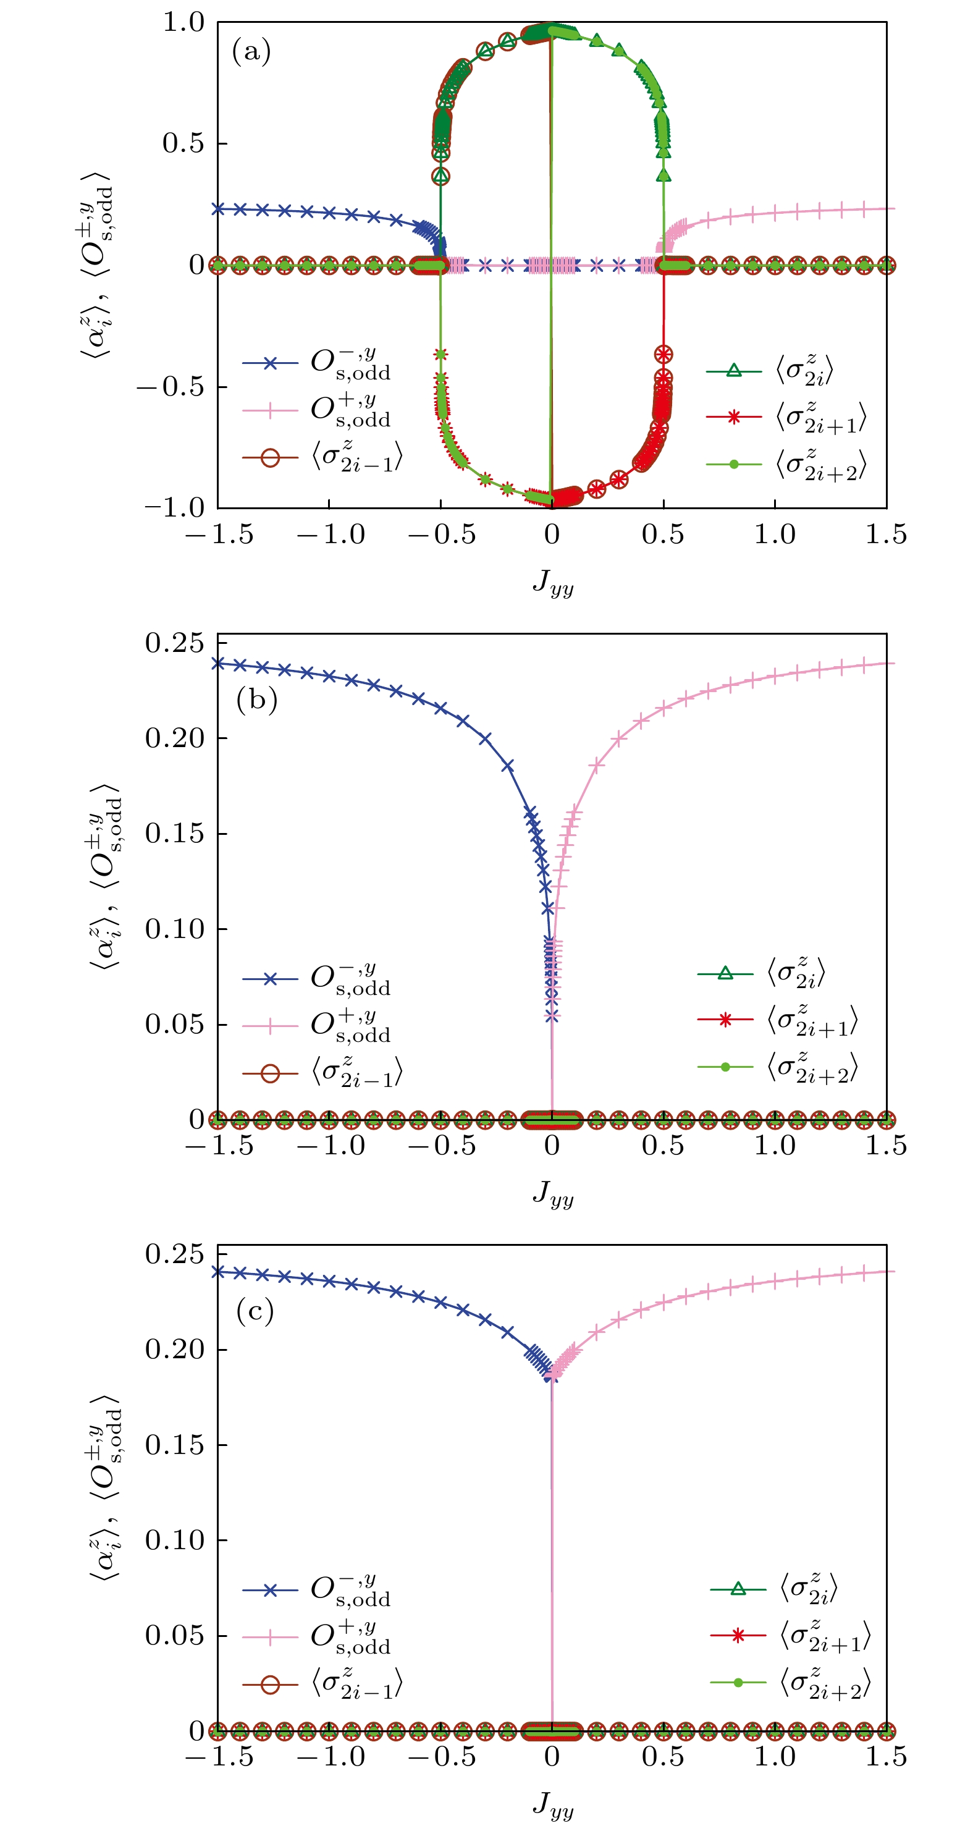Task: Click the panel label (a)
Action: coord(251,52)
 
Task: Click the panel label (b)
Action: coord(256,700)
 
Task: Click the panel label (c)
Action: coord(255,1311)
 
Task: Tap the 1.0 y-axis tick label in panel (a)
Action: coord(183,22)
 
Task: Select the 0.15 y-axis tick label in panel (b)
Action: coord(174,833)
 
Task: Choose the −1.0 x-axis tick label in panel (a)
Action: coord(331,535)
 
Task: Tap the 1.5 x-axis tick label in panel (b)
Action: coord(885,1146)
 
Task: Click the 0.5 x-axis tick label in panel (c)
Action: coord(662,1757)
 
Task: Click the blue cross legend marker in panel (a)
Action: coord(270,363)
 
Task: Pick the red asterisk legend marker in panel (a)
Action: coord(734,417)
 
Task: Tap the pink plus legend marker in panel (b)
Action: coord(270,1026)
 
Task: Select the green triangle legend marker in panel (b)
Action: coord(725,973)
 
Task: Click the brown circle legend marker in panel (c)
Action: coord(270,1685)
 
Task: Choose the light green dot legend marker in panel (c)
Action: coord(738,1683)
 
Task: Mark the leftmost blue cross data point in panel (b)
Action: coord(219,663)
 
